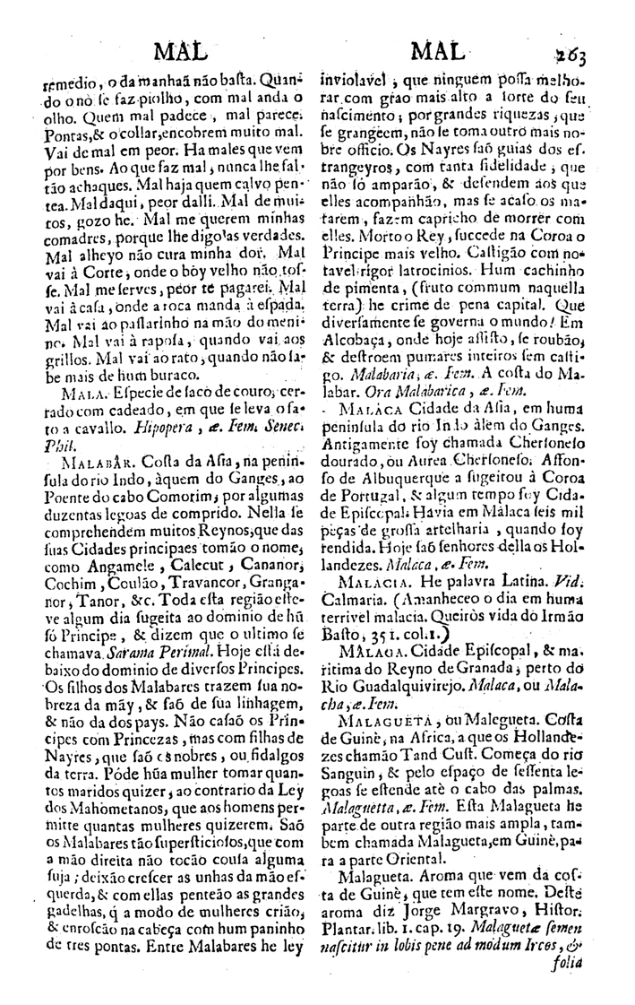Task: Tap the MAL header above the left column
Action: pos(181,49)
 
